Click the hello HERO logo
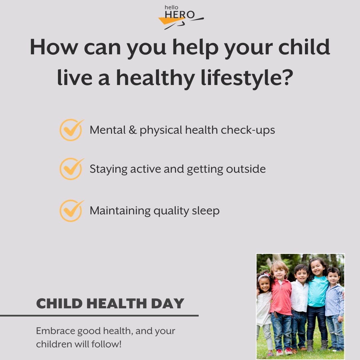click(180, 18)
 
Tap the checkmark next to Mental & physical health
click(71, 130)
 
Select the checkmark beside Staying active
click(71, 169)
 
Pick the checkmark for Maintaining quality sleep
click(71, 211)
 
